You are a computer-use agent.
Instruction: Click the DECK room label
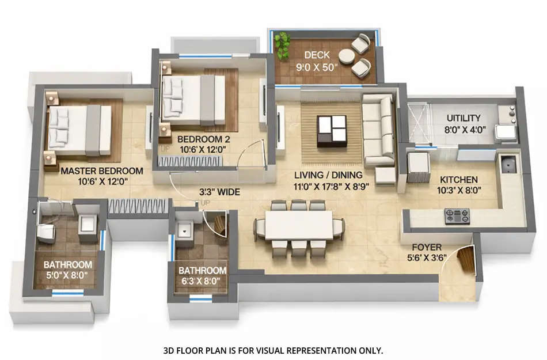[x=317, y=55]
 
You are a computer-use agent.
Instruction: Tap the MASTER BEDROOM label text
[x=101, y=171]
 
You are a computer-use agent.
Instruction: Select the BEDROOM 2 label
[x=203, y=139]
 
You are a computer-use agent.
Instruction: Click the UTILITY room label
[x=464, y=118]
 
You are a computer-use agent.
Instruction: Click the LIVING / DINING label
[x=329, y=175]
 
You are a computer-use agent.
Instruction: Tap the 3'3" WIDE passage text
[x=219, y=192]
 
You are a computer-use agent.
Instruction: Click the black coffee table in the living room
[x=332, y=130]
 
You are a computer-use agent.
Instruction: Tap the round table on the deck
[x=347, y=56]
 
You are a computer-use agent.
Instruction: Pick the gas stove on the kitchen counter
[x=457, y=216]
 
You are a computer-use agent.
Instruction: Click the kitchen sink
[x=508, y=165]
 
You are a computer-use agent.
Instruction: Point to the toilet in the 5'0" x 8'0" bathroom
[x=45, y=232]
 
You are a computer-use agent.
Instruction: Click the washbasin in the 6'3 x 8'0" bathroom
[x=185, y=229]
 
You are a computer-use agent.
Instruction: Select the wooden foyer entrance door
[x=466, y=260]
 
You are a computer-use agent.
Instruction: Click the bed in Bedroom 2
[x=193, y=100]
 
